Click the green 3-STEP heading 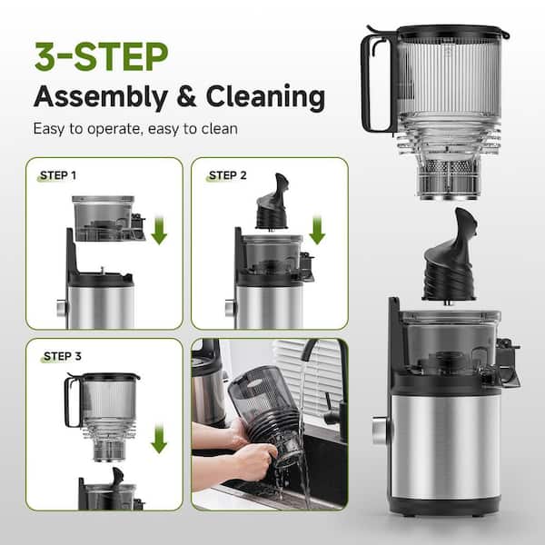pyautogui.click(x=100, y=56)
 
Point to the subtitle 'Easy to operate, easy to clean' pyautogui.click(x=135, y=128)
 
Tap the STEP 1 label pyautogui.click(x=58, y=174)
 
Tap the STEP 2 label pyautogui.click(x=227, y=174)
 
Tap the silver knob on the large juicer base pyautogui.click(x=379, y=427)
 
